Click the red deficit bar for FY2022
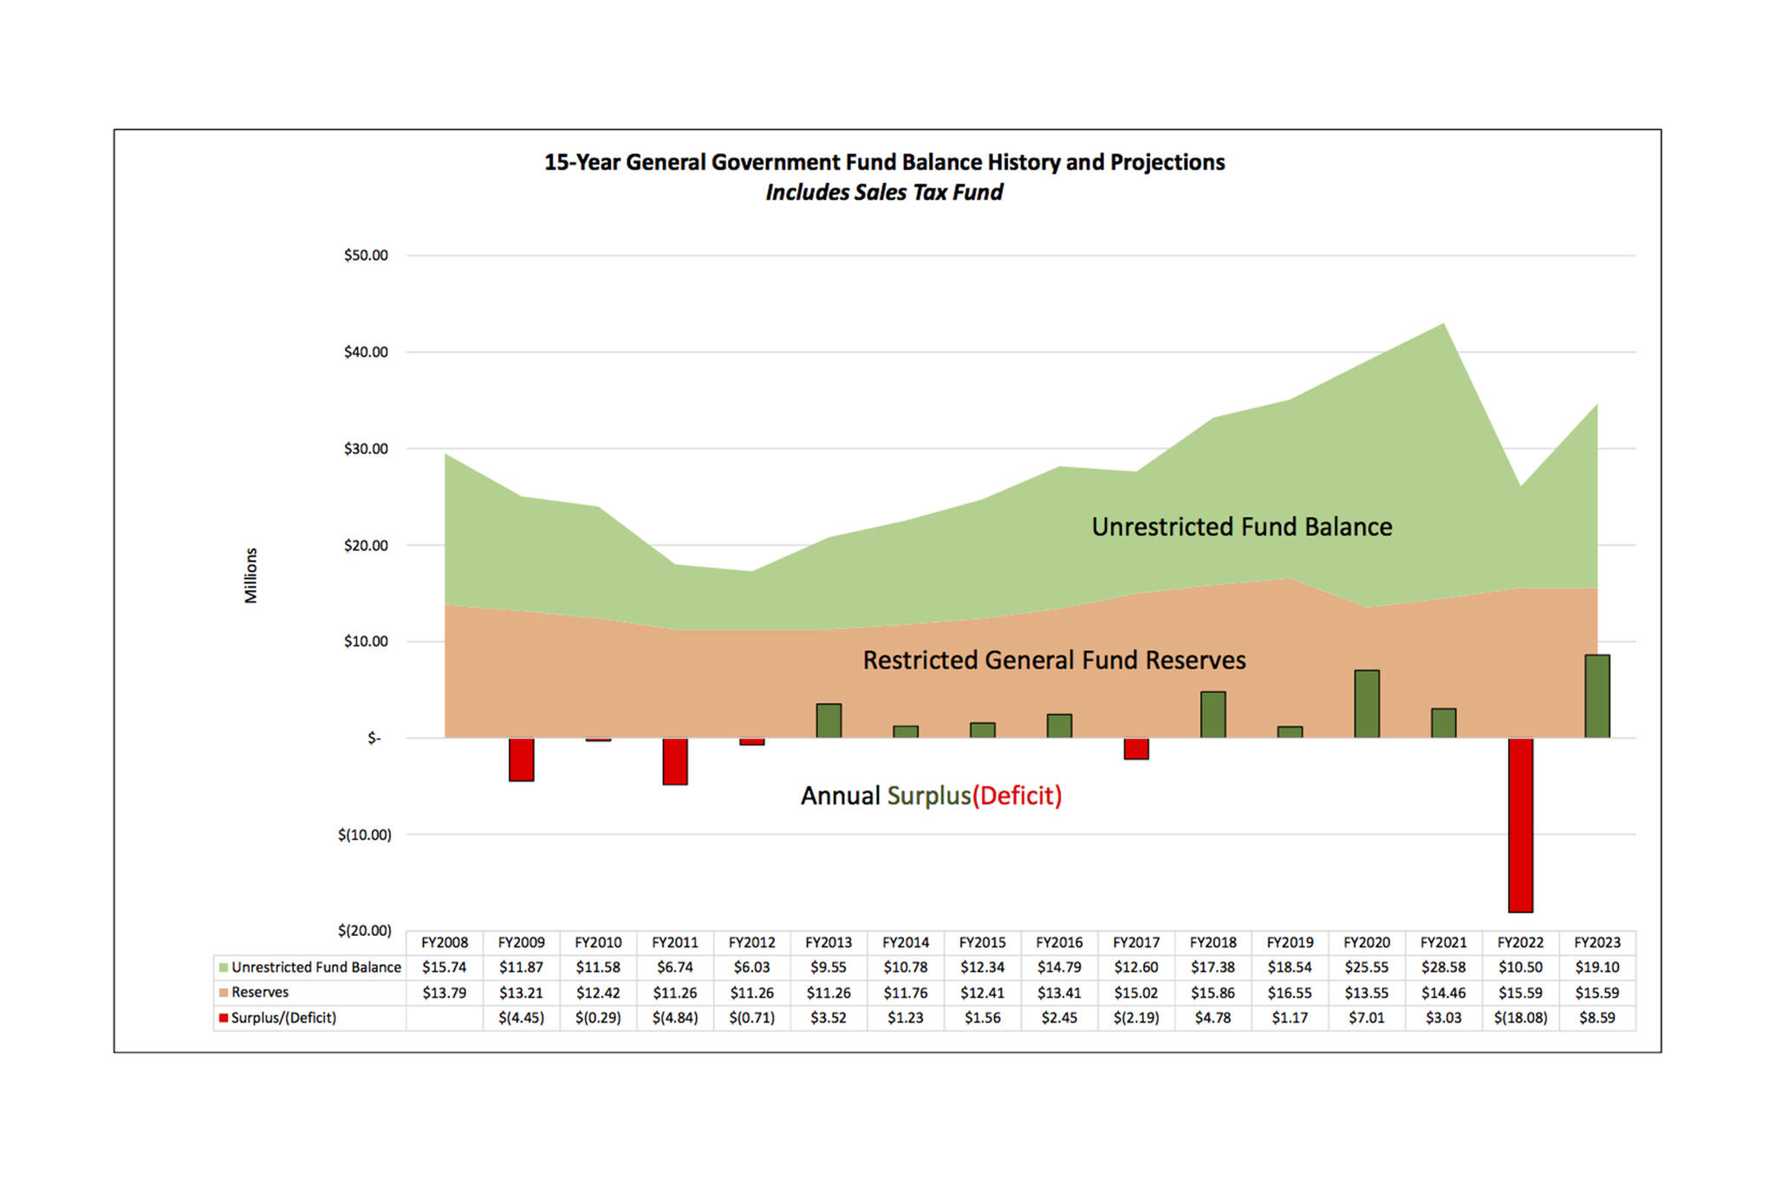1520,824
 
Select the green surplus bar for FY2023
1596,697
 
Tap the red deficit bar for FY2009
521,759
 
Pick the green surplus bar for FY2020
1367,704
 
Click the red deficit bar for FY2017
1136,749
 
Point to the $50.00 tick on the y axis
366,256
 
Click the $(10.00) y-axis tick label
365,835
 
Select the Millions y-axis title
250,575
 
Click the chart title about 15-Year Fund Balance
884,162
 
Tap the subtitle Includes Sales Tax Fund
884,192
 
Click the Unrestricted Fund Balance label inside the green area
1241,527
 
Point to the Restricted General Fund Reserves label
1054,660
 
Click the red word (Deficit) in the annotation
1017,796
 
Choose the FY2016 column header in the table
1059,942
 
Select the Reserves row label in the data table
260,992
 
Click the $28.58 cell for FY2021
1443,967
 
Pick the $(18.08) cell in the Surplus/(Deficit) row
1520,1017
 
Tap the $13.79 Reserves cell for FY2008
444,992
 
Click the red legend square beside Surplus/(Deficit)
224,1017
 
